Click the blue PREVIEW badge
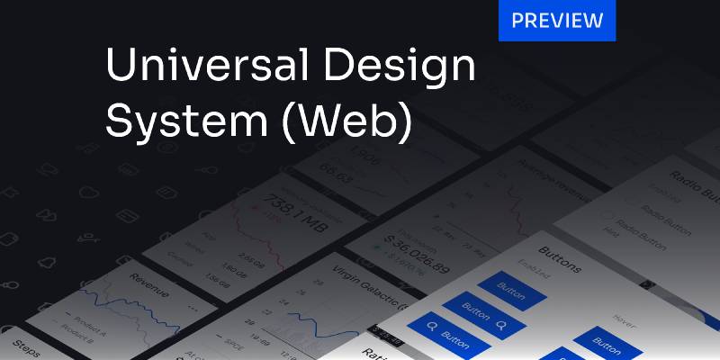(557, 21)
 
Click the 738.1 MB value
(269, 209)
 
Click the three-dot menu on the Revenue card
(192, 307)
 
